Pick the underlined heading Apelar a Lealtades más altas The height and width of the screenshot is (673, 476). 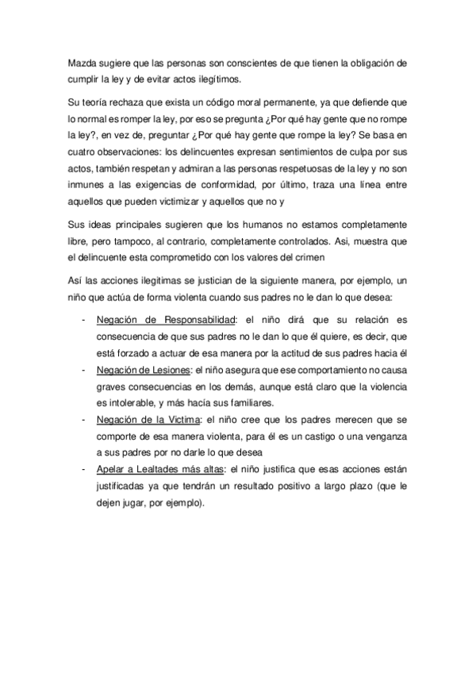(160, 469)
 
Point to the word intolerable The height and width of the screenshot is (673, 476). (135, 402)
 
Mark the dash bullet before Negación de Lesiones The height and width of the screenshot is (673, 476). (84, 369)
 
